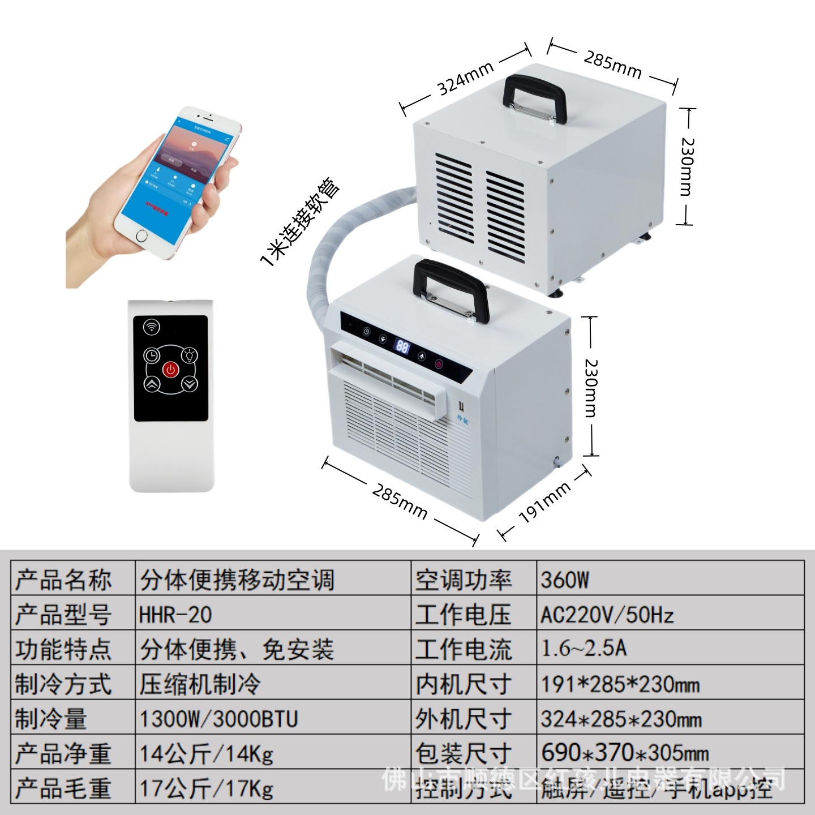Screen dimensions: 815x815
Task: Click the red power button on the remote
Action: [x=170, y=370]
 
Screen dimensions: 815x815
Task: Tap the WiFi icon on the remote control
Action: [x=151, y=327]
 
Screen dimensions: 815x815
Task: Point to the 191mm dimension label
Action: [x=544, y=503]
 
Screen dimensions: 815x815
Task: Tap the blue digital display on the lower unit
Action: [x=402, y=346]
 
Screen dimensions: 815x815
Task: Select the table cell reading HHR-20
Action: [x=175, y=615]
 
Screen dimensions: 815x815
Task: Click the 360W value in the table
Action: [x=565, y=580]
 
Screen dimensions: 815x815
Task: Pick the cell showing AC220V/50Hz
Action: [x=607, y=615]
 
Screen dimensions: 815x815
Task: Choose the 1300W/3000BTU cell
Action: [x=218, y=719]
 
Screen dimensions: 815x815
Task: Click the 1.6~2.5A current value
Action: [x=584, y=649]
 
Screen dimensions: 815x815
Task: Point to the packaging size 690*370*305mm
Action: [x=625, y=753]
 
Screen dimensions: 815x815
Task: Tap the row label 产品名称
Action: [x=63, y=580]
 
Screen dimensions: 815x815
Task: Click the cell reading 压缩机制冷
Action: [x=200, y=684]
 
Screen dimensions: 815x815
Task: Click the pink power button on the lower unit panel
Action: [x=439, y=364]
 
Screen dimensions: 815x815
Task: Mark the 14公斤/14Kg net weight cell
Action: [x=207, y=754]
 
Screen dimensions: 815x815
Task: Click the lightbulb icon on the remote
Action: [x=190, y=356]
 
